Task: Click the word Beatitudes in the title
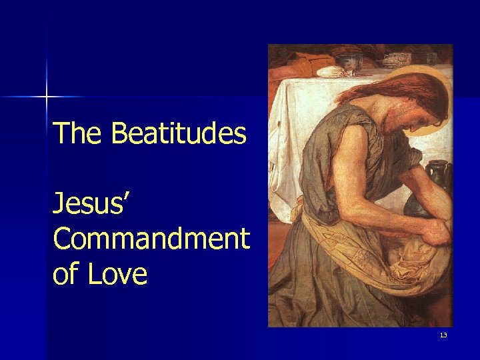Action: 179,133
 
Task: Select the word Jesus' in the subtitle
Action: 91,202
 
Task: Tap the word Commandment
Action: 151,238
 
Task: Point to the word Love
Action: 121,274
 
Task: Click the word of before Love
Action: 65,274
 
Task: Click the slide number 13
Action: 443,335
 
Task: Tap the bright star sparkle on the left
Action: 47,97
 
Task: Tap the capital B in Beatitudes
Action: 119,133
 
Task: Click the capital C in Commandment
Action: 62,238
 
